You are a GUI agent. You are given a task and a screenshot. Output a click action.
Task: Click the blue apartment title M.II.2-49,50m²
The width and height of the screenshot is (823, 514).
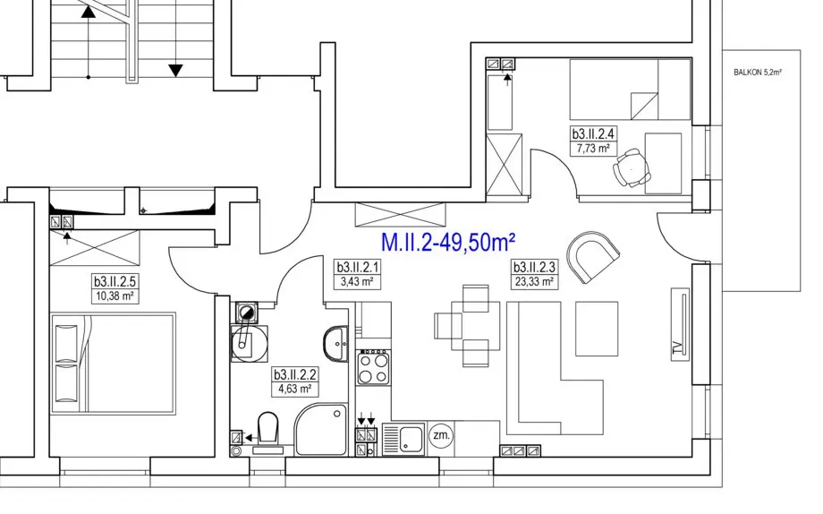(447, 243)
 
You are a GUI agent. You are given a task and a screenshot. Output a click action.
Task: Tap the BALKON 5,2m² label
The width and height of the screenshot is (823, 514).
(758, 73)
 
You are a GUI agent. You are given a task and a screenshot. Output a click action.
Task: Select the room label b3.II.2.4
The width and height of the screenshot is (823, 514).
(593, 133)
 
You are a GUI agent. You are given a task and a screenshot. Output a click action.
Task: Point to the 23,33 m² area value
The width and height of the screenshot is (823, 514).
(534, 282)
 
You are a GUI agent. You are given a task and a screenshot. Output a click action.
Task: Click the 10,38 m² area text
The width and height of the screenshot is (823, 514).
(115, 296)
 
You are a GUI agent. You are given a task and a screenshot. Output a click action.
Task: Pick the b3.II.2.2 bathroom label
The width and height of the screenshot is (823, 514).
(294, 374)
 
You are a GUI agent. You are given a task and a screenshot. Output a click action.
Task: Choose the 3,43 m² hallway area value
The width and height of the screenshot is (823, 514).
(357, 282)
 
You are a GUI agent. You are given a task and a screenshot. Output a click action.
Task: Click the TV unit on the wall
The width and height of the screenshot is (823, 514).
(680, 324)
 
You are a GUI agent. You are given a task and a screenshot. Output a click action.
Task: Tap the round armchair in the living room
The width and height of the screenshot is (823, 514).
(593, 257)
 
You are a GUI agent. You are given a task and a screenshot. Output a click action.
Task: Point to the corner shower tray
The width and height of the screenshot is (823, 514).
(320, 430)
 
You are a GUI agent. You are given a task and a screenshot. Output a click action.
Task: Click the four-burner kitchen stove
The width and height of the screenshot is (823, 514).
(374, 367)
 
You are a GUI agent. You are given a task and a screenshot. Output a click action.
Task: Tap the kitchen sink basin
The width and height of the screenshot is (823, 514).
(411, 439)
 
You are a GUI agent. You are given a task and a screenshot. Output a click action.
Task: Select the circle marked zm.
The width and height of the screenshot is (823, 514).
(441, 435)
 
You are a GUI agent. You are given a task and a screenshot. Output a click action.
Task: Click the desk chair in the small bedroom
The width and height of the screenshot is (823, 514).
(632, 167)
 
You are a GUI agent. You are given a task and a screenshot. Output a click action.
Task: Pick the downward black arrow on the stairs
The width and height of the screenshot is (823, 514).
(175, 70)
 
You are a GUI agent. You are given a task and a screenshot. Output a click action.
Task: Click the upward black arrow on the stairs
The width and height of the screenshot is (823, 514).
(89, 12)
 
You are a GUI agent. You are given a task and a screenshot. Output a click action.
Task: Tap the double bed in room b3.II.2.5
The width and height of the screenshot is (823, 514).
(113, 364)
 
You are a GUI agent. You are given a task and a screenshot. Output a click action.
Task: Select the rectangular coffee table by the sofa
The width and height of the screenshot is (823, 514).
(597, 329)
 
